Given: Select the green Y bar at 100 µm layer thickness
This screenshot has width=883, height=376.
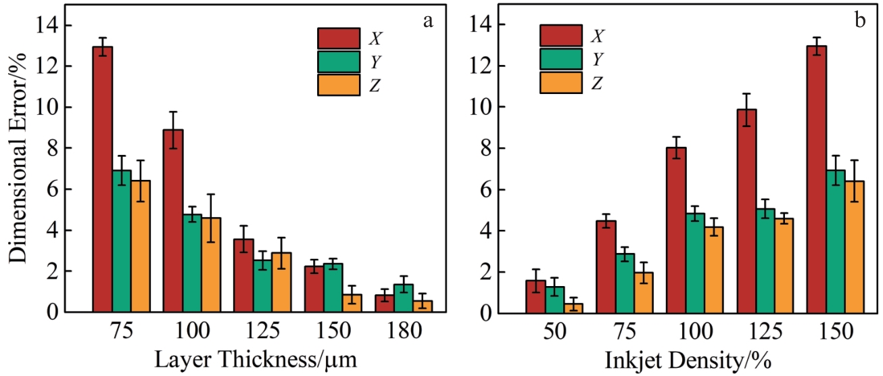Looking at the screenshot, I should coord(192,263).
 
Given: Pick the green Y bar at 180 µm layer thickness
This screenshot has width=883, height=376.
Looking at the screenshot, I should coord(403,298).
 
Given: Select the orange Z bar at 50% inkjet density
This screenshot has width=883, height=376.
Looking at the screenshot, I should coord(573,308).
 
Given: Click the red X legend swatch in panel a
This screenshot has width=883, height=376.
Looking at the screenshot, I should coord(339,38).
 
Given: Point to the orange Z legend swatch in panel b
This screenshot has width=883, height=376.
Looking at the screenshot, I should coord(560,83).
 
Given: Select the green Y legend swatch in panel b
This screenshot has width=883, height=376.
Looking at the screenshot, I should coord(560,59).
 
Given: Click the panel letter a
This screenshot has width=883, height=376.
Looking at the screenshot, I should coord(427,21).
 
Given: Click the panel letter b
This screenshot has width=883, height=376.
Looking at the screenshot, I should coord(860,21).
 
